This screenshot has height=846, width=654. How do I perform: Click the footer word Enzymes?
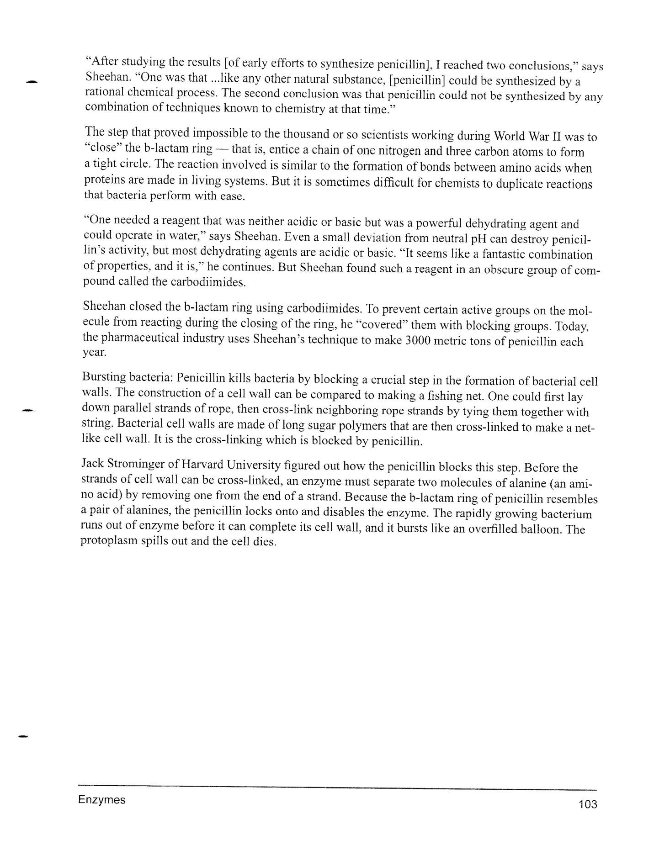click(x=101, y=799)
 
